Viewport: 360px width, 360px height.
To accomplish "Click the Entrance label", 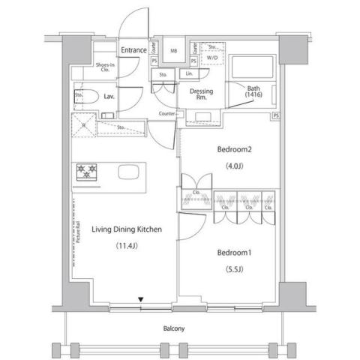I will tap(133, 50).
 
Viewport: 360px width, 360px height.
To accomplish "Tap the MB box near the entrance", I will tap(174, 51).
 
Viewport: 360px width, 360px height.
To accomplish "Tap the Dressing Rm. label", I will tap(201, 94).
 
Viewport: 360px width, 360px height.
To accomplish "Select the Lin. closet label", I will tap(189, 74).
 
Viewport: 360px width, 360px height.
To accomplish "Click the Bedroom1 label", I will tap(234, 253).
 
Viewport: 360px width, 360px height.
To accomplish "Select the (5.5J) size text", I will tap(234, 270).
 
